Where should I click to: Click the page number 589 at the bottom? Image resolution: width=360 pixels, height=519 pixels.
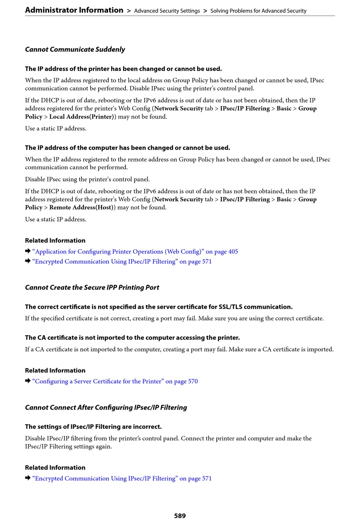pyautogui.click(x=180, y=515)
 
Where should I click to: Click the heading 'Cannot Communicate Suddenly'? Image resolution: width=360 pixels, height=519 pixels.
pyautogui.click(x=75, y=50)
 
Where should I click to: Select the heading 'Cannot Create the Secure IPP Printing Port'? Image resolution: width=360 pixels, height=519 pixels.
pyautogui.click(x=92, y=288)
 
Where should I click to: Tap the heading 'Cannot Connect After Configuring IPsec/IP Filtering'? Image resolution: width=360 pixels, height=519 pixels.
pyautogui.click(x=106, y=408)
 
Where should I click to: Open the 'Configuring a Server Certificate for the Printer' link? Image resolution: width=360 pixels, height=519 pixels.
pyautogui.click(x=115, y=381)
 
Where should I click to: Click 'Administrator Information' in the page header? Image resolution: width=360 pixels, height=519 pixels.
pyautogui.click(x=74, y=10)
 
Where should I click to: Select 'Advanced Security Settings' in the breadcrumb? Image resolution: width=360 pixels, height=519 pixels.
pyautogui.click(x=167, y=11)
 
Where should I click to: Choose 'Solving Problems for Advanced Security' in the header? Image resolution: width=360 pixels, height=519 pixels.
pyautogui.click(x=258, y=11)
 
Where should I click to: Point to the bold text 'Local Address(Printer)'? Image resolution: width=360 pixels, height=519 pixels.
pyautogui.click(x=81, y=117)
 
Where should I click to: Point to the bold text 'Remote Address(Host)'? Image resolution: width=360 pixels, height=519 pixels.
pyautogui.click(x=81, y=208)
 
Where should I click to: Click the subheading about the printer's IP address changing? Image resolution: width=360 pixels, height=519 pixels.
pyautogui.click(x=124, y=69)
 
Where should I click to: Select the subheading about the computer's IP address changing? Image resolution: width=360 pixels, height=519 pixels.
pyautogui.click(x=128, y=148)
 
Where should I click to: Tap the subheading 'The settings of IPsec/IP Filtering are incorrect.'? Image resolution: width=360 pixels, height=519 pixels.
pyautogui.click(x=93, y=427)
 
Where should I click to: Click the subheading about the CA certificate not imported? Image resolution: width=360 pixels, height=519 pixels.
pyautogui.click(x=132, y=338)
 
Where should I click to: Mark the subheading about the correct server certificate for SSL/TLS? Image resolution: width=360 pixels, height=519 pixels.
pyautogui.click(x=159, y=307)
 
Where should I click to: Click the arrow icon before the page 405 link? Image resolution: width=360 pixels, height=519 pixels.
pyautogui.click(x=28, y=251)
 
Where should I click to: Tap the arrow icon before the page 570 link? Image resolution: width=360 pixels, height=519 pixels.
pyautogui.click(x=28, y=381)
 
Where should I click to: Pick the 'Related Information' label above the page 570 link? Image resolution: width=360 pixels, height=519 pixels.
pyautogui.click(x=55, y=370)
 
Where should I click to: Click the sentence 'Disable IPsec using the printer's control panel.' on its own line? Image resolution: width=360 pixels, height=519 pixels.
pyautogui.click(x=88, y=179)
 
